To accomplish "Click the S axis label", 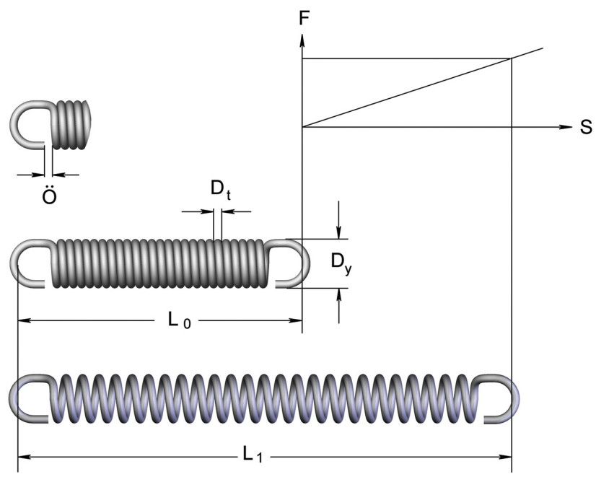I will coord(585,128).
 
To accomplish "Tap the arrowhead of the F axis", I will coord(302,38).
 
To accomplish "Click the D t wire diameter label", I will coord(220,190).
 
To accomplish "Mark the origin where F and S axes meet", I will coord(302,127).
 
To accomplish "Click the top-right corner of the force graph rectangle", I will coord(512,59).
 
